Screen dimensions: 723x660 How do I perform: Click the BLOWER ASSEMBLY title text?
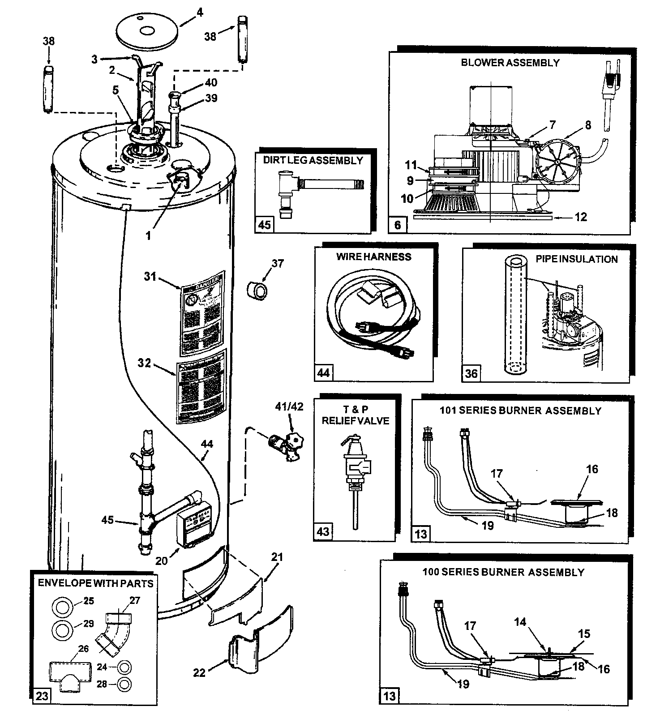[x=510, y=63]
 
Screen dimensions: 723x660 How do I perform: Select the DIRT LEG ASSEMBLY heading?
[x=313, y=160]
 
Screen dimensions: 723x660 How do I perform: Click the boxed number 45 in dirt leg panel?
[x=265, y=224]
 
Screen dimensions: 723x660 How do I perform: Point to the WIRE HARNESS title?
[x=374, y=257]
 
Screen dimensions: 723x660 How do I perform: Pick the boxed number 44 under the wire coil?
[x=323, y=372]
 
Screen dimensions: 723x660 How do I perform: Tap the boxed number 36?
[x=471, y=372]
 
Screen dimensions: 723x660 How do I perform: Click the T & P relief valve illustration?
[x=354, y=475]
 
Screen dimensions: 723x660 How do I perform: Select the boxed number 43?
[x=323, y=531]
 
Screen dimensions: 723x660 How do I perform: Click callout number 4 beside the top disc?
[x=199, y=13]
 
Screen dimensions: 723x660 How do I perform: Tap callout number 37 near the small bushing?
[x=278, y=264]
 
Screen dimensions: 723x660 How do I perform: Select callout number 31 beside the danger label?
[x=150, y=277]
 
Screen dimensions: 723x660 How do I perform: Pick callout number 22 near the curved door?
[x=199, y=672]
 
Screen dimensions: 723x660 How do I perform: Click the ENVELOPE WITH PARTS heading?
[x=95, y=583]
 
